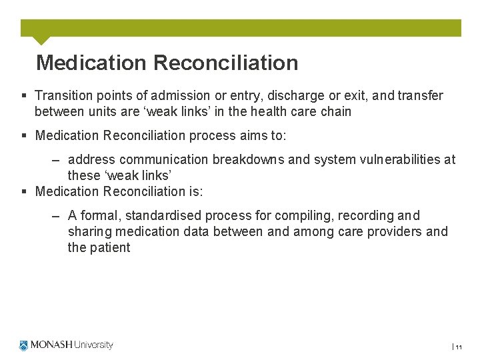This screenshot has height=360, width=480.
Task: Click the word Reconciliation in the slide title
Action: tap(225, 63)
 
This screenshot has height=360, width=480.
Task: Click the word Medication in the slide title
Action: tap(91, 63)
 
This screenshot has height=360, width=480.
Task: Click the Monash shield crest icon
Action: tap(24, 345)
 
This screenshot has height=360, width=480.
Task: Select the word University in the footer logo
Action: tap(93, 345)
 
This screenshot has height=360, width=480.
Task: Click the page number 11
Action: tap(459, 347)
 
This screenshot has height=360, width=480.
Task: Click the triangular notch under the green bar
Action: tap(41, 40)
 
